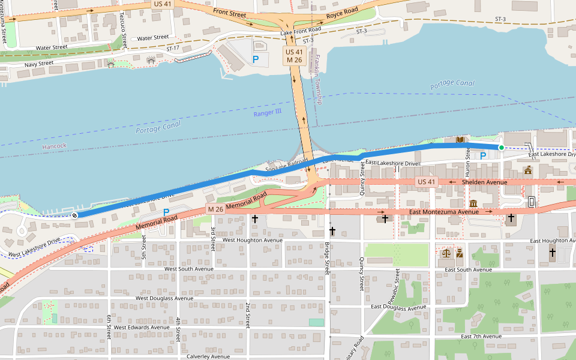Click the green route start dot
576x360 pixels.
tap(501, 147)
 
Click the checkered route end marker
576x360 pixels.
tap(75, 215)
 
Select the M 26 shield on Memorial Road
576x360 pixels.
tap(215, 209)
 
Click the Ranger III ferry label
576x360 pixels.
tap(267, 113)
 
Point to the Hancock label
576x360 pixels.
tap(54, 146)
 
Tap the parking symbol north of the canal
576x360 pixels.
tap(256, 59)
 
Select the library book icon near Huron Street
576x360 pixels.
tap(460, 140)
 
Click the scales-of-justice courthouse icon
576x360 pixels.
tap(446, 253)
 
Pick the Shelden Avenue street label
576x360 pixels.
tap(485, 182)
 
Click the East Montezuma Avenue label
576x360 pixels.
tap(444, 212)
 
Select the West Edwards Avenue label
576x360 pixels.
tap(142, 327)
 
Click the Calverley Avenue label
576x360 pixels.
tap(208, 356)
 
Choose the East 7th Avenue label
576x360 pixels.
tap(481, 337)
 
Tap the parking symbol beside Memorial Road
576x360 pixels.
tap(166, 212)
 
